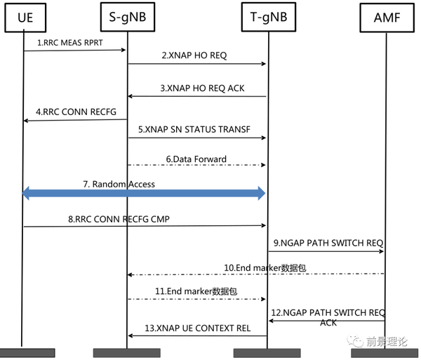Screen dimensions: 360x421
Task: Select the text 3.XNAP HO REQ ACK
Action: [199, 89]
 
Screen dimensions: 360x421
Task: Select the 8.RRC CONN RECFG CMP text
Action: [119, 219]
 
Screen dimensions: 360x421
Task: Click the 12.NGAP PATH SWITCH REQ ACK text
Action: [327, 317]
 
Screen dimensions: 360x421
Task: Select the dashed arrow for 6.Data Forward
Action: [196, 166]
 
